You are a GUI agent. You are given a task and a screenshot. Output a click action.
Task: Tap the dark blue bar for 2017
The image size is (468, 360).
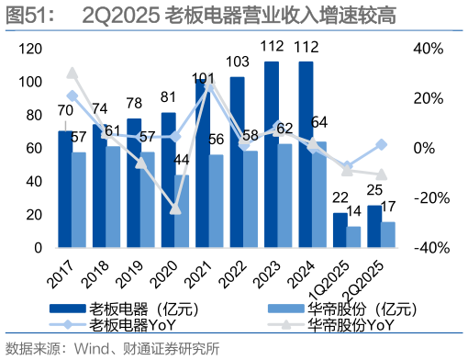coord(64,189)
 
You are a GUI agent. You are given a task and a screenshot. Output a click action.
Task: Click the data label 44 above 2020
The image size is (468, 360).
coord(181,160)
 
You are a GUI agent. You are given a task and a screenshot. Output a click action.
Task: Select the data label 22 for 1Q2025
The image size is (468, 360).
coord(340,197)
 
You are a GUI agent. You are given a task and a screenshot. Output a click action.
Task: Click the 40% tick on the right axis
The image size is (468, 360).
coord(430,49)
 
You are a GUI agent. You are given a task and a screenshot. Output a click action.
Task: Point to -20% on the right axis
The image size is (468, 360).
coord(428,197)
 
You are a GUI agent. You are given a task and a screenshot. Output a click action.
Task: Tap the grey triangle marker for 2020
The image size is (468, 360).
coord(175,208)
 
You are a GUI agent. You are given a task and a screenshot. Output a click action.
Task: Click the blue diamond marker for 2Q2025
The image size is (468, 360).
coord(382,145)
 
